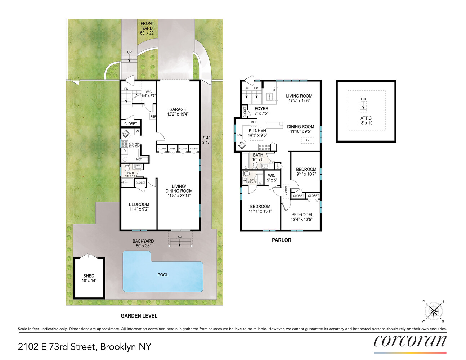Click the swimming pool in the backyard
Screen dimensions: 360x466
(163, 275)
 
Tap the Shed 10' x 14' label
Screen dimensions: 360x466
(89, 278)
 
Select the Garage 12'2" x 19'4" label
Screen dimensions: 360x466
(178, 112)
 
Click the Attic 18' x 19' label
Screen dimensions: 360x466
(366, 120)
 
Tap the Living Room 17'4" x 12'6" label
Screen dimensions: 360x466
(299, 98)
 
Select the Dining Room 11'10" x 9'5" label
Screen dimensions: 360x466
(300, 129)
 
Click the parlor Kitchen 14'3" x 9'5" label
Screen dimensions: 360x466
(257, 133)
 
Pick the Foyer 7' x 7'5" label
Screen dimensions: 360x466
(261, 111)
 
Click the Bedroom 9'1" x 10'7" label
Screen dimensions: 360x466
(306, 171)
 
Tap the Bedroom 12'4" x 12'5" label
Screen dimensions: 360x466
(301, 217)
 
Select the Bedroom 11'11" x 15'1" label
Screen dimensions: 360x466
(260, 209)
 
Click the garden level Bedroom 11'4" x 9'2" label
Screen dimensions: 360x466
(139, 206)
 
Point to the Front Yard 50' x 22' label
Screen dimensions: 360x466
(147, 28)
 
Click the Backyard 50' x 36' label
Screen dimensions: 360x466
(143, 243)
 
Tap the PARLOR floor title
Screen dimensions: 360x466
(281, 240)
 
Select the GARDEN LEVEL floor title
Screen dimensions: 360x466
(139, 316)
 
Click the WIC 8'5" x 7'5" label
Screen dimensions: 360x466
(149, 94)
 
